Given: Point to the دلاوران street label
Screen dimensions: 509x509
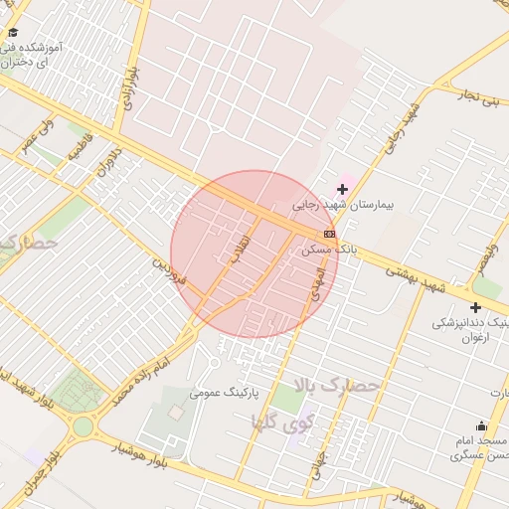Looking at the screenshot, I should [x=106, y=165].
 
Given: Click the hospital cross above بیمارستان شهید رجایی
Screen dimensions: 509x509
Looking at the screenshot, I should [x=343, y=189].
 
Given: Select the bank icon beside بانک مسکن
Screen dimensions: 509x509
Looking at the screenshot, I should [x=330, y=235].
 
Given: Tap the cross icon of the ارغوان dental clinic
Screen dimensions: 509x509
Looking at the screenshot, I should [x=475, y=307].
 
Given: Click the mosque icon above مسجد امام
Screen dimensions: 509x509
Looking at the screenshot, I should [x=481, y=425].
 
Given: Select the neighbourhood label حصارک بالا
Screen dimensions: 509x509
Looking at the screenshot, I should [x=336, y=386].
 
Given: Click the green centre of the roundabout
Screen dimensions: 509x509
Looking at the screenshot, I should [x=83, y=427].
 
